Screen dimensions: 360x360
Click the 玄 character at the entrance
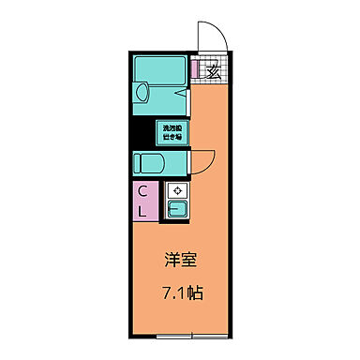point(213,71)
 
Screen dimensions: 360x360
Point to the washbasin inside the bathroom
point(141,92)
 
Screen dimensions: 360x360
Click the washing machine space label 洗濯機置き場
point(172,132)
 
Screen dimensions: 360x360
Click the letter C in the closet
point(142,192)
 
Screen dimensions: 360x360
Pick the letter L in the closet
point(142,212)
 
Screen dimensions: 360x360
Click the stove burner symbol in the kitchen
point(175,190)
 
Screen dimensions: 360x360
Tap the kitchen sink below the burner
point(175,208)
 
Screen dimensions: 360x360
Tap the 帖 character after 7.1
point(195,292)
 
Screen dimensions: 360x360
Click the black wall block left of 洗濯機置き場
point(159,132)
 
